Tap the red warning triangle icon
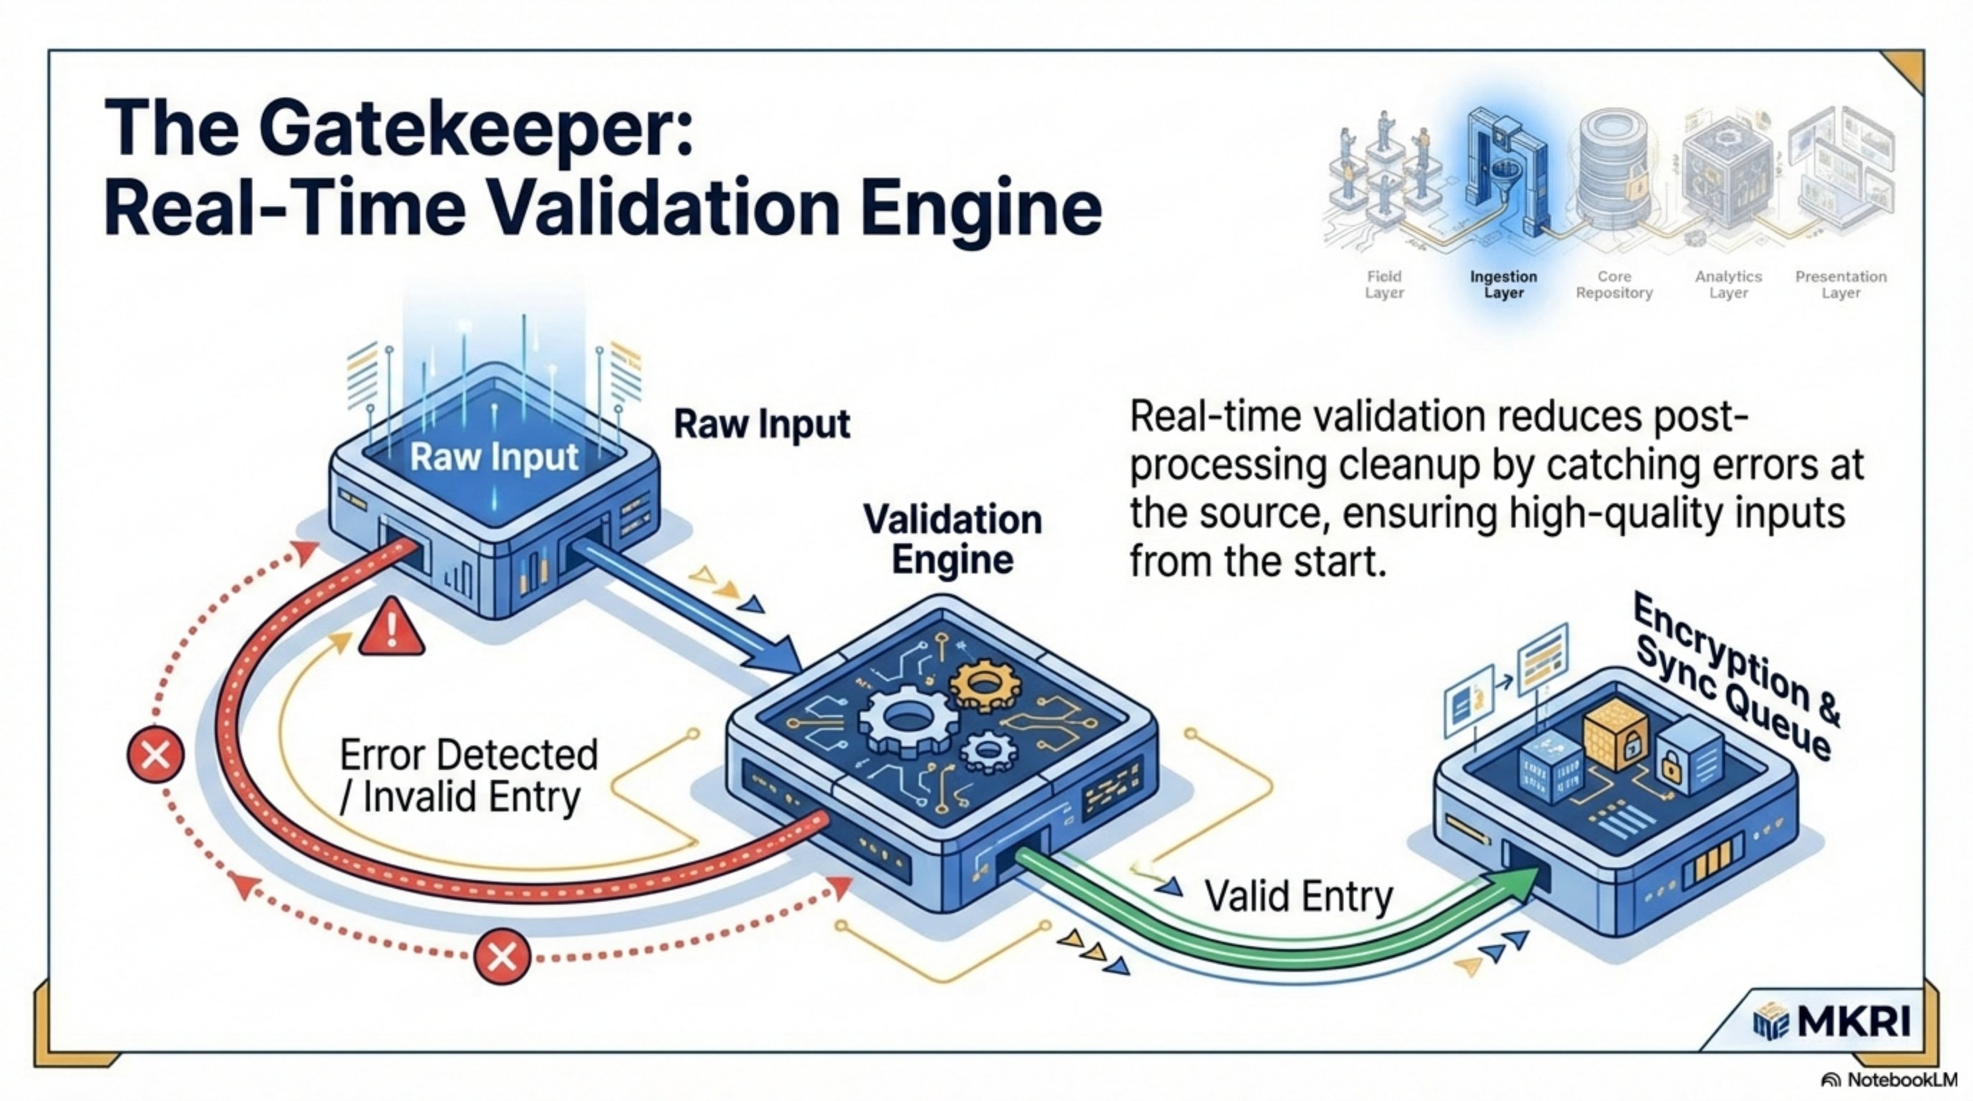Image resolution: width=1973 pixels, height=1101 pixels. [x=391, y=628]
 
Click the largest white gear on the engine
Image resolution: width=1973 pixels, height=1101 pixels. [x=908, y=720]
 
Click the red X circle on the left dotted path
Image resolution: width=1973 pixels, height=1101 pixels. [x=156, y=756]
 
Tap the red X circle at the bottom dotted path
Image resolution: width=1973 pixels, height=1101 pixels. [x=502, y=956]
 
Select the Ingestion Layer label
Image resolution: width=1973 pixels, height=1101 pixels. [x=1503, y=285]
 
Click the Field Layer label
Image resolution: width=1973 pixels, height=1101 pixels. [x=1383, y=285]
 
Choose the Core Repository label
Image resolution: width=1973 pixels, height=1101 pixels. [x=1614, y=285]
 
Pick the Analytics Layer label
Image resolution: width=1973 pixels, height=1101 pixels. [x=1728, y=285]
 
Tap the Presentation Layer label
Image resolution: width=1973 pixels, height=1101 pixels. [x=1840, y=285]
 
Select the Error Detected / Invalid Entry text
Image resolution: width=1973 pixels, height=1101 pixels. [x=467, y=776]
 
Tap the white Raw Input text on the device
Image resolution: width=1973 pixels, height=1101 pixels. [x=494, y=458]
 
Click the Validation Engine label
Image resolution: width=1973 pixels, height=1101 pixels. [x=952, y=540]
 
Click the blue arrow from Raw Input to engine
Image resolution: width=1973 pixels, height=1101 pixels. [x=689, y=605]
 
